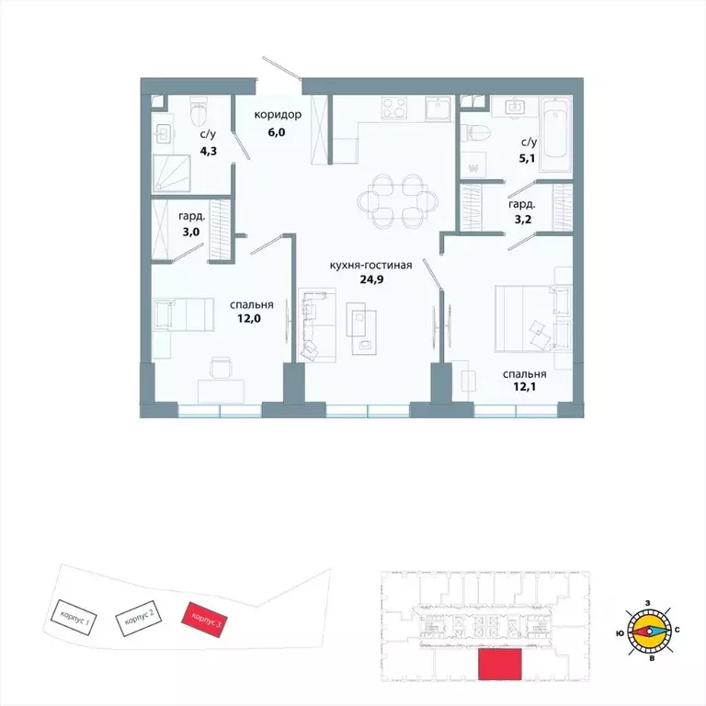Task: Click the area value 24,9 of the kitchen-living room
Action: (371, 279)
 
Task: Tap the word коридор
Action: (278, 115)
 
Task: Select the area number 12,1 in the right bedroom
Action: (525, 387)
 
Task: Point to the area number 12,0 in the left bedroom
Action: (249, 319)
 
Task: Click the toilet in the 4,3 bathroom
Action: (199, 112)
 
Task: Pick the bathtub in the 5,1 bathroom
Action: (555, 134)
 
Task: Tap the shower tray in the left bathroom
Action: (172, 173)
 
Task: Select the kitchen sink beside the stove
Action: (438, 108)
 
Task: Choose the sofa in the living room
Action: (316, 325)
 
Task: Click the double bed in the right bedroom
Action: (533, 318)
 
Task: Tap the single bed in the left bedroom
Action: (183, 314)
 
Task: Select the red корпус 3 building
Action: (204, 620)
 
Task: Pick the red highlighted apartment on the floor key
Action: (499, 664)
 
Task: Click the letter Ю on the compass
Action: (620, 633)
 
